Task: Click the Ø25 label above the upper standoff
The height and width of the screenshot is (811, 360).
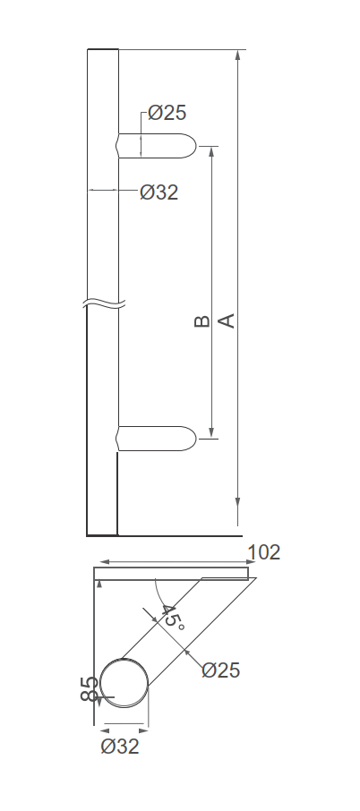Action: (167, 113)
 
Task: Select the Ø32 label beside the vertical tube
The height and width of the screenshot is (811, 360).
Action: (159, 192)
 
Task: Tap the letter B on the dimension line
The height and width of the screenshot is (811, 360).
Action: (201, 320)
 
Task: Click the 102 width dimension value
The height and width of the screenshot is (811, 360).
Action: (263, 552)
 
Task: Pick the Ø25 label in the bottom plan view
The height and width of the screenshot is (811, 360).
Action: (220, 670)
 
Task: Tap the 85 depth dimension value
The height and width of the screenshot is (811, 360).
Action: (89, 690)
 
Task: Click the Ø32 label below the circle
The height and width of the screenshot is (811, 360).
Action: (120, 747)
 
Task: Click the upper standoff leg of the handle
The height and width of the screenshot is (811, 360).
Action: (157, 146)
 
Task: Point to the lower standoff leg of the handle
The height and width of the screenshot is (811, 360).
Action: (157, 438)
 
